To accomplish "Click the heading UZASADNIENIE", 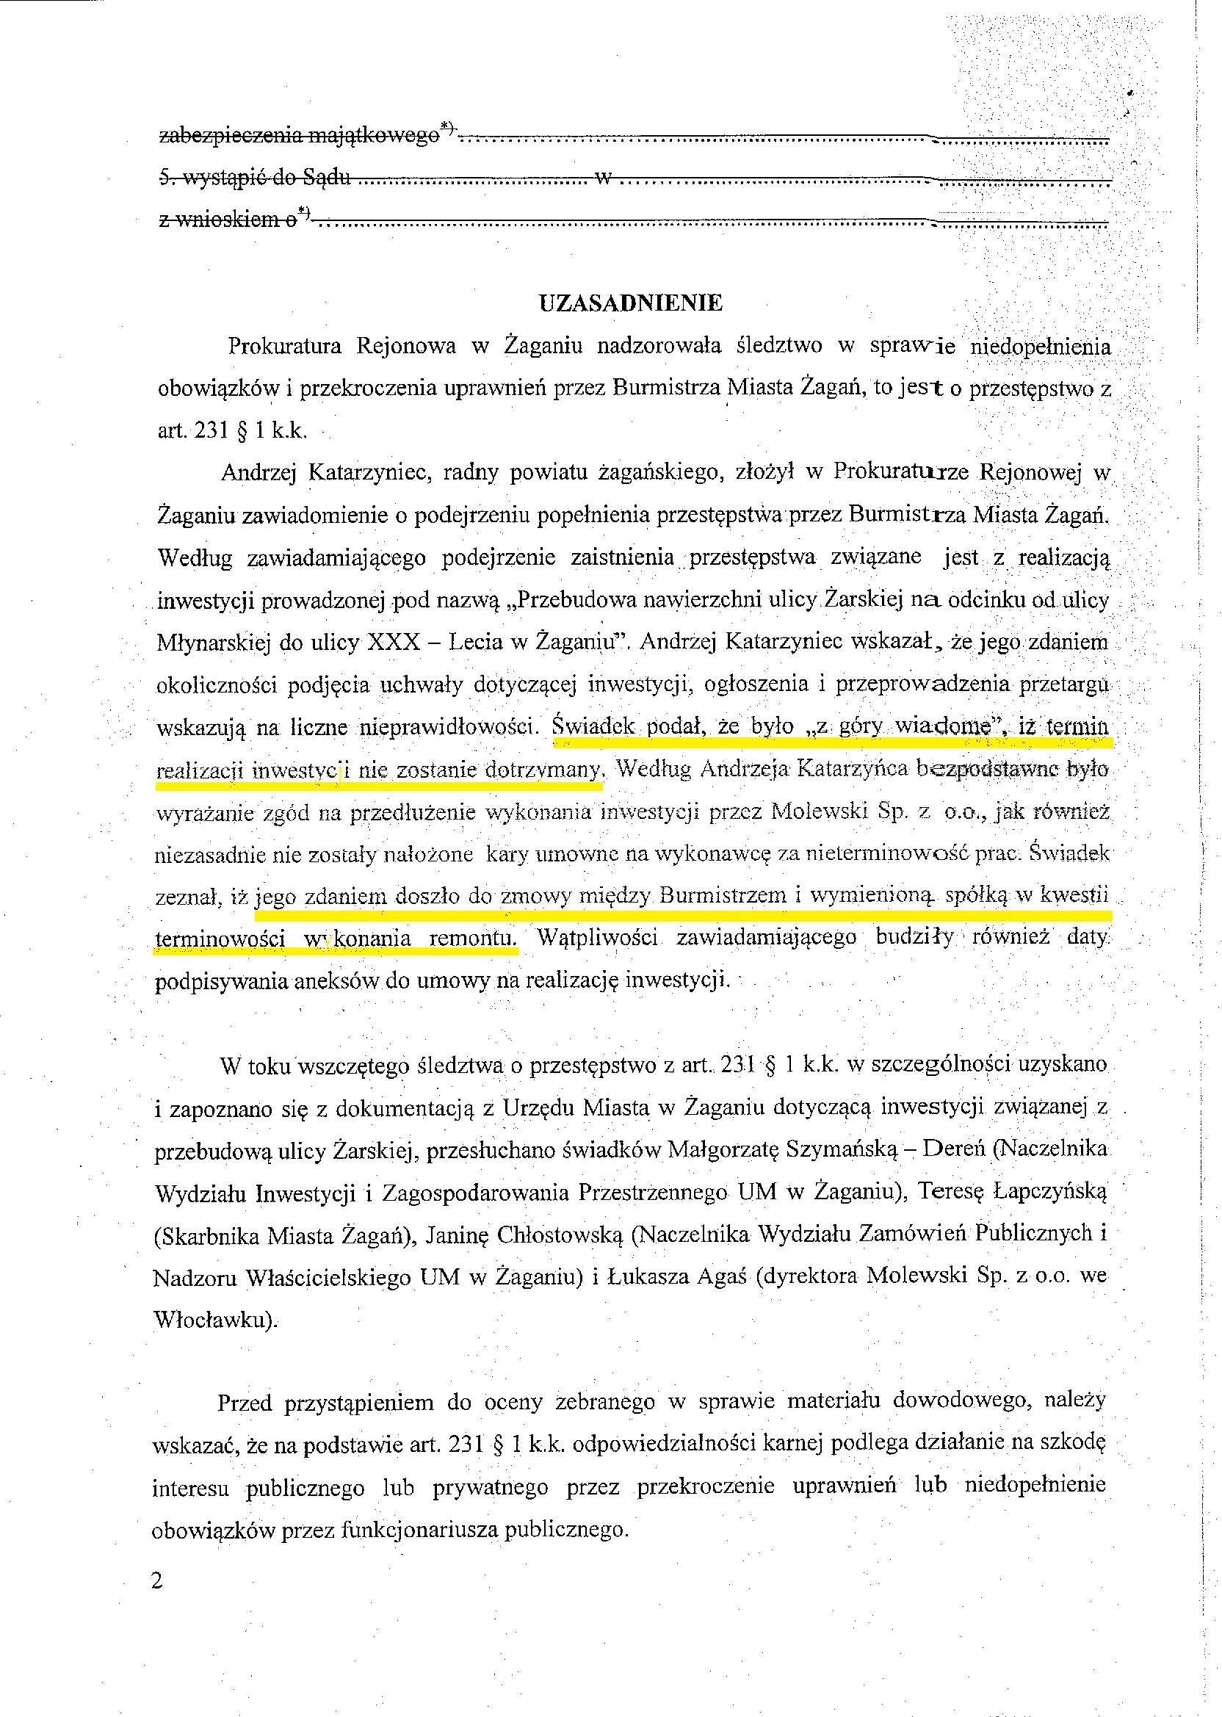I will [x=630, y=303].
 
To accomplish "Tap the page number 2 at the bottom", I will [x=157, y=1581].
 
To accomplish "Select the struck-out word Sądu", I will [x=326, y=178].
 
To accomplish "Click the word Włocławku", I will [x=213, y=1320].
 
